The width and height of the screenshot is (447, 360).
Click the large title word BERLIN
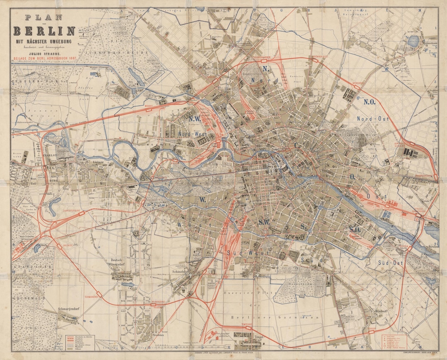[x=45, y=31]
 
